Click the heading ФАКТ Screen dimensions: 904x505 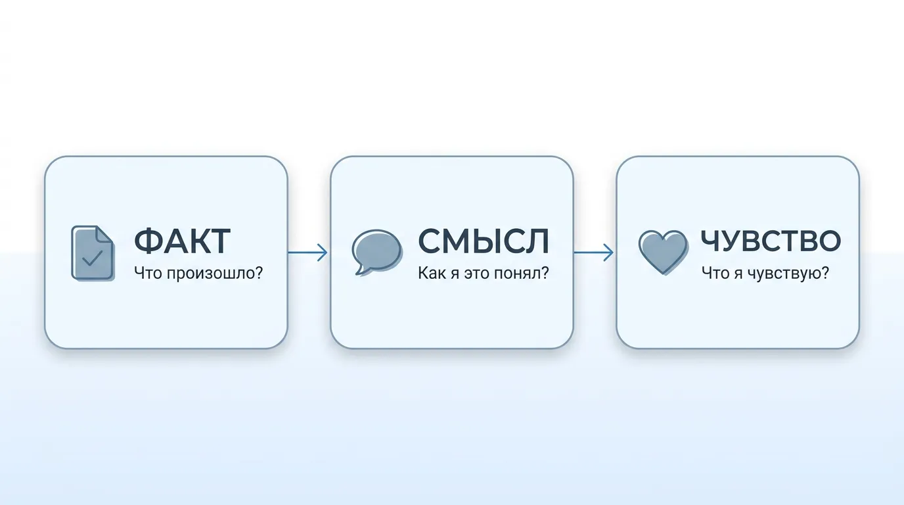click(182, 241)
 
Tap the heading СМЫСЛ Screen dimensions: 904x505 click(484, 241)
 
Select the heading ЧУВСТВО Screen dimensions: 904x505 click(771, 241)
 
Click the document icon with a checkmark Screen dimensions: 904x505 click(93, 253)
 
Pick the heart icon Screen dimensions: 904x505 click(663, 252)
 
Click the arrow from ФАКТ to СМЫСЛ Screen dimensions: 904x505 click(307, 252)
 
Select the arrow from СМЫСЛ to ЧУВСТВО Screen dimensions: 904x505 click(594, 252)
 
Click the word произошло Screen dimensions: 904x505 click(214, 274)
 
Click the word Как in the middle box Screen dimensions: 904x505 click(432, 273)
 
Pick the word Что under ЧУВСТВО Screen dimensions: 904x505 click(715, 273)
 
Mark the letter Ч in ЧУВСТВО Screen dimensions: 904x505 click(711, 241)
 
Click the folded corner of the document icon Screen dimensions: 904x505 click(104, 234)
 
